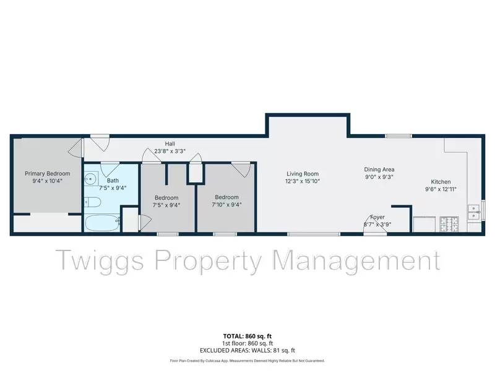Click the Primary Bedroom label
tap(47, 174)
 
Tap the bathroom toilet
tap(92, 202)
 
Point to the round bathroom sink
tap(92, 180)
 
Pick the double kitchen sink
tap(474, 212)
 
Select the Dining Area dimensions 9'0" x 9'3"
tap(379, 177)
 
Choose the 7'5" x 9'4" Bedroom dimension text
tap(166, 205)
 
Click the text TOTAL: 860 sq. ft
tap(247, 337)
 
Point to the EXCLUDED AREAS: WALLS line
tap(247, 350)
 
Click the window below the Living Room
tap(314, 234)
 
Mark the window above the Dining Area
tap(398, 135)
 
